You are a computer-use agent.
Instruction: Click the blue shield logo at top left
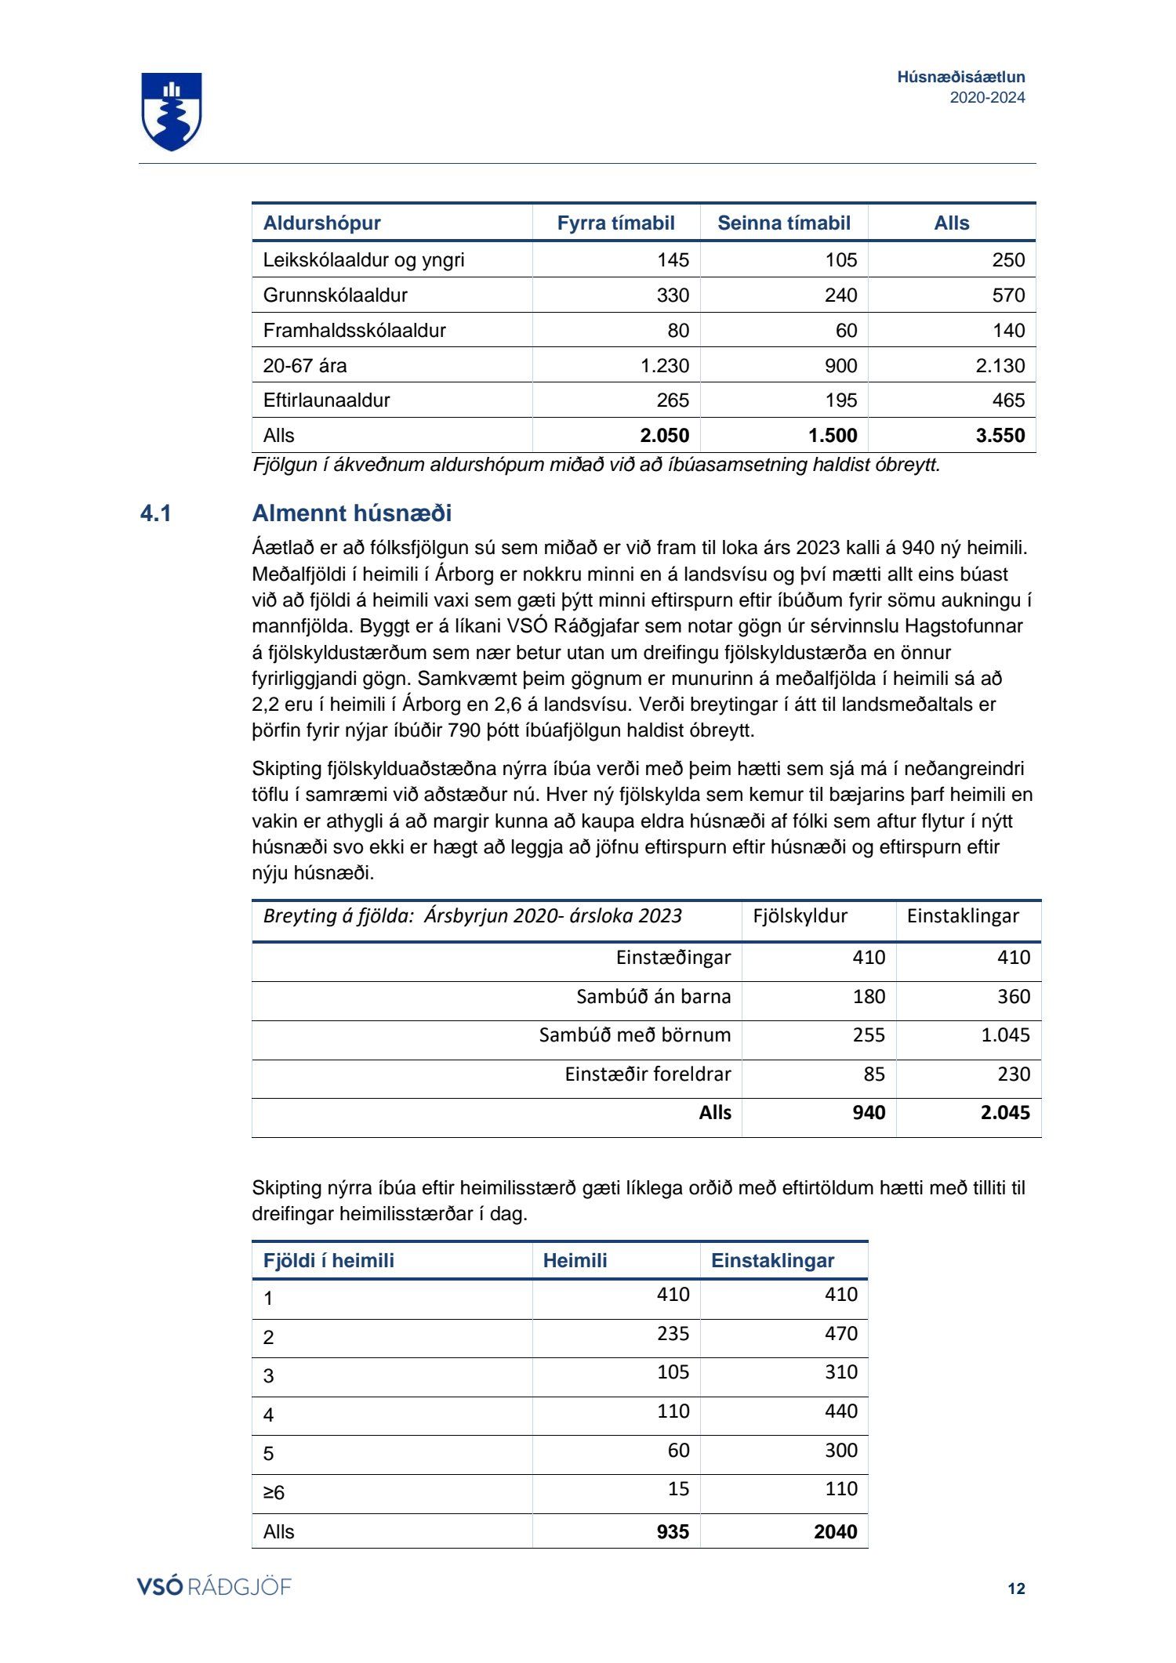coord(172,111)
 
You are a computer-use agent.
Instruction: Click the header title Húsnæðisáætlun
coord(960,77)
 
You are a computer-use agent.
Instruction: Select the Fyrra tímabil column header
coord(615,223)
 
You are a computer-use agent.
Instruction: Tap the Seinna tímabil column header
coord(783,223)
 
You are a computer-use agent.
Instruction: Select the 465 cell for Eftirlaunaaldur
coord(1008,400)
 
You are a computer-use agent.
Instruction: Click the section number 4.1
coord(156,514)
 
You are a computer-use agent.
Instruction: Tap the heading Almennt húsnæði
coord(352,514)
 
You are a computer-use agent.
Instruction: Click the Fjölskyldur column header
coord(800,916)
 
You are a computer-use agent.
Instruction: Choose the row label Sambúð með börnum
coord(634,1035)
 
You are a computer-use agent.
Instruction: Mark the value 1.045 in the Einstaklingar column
coord(1005,1035)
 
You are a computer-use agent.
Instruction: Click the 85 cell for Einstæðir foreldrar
coord(873,1074)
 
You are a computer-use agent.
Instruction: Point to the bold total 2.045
coord(1005,1113)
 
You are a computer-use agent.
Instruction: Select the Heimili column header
coord(575,1261)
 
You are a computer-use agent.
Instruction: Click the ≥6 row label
coord(274,1493)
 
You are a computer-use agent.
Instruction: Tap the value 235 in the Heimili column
coord(673,1334)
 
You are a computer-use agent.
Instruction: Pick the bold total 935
coord(673,1532)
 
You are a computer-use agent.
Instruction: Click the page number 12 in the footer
coord(1016,1589)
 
